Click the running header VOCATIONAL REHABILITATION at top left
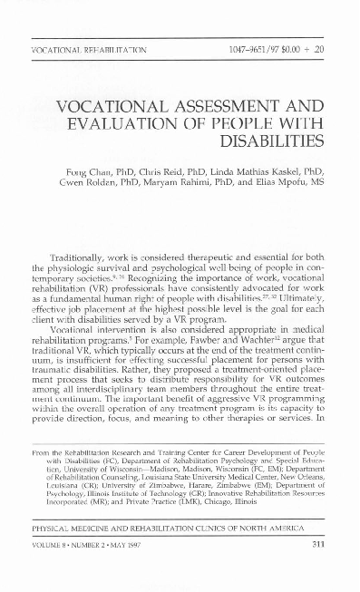tap(88, 47)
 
